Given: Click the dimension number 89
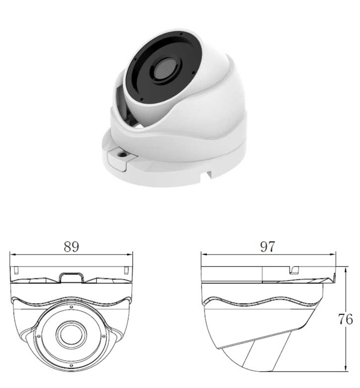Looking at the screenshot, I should pos(71,247).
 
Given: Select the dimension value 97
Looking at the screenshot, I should pos(268,247).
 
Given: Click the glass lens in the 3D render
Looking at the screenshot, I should pos(164,70).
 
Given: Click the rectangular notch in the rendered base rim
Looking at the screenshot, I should pos(209,176).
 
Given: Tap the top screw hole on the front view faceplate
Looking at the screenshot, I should pos(71,307).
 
